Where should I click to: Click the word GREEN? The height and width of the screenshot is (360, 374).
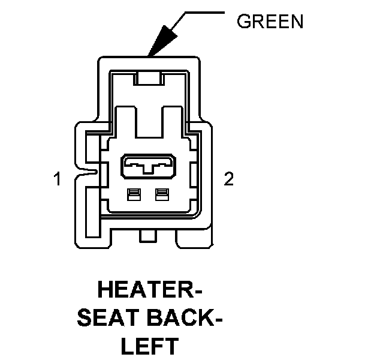point(270,22)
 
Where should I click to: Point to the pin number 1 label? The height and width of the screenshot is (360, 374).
point(58,179)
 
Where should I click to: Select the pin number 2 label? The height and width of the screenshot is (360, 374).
point(228,179)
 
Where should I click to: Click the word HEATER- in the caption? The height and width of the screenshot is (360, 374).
point(149,292)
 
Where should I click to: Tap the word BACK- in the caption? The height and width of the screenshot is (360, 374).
point(186,319)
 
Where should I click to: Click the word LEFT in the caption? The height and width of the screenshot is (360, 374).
point(149,346)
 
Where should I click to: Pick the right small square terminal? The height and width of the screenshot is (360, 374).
point(161,194)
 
